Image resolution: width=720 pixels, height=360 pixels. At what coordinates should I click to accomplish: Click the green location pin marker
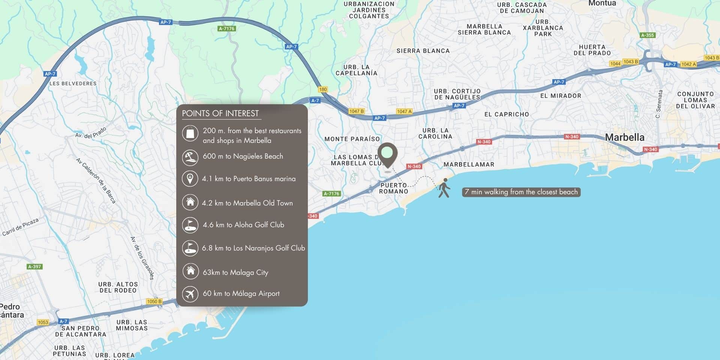pyautogui.click(x=387, y=154)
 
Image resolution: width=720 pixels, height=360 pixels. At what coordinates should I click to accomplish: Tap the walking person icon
pyautogui.click(x=444, y=188)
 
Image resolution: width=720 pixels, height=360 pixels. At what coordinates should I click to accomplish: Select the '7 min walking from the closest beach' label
pyautogui.click(x=521, y=192)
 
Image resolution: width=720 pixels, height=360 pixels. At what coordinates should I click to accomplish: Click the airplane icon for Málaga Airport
pyautogui.click(x=190, y=294)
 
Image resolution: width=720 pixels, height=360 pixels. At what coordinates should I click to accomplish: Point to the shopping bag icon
pyautogui.click(x=190, y=133)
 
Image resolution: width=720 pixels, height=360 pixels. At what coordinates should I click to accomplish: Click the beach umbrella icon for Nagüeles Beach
pyautogui.click(x=190, y=157)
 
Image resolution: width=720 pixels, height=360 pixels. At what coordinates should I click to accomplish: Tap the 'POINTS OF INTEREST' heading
pyautogui.click(x=220, y=113)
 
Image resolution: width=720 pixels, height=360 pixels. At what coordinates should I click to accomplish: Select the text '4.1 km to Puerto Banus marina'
pyautogui.click(x=249, y=179)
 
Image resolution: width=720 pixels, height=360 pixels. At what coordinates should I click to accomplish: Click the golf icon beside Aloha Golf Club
pyautogui.click(x=190, y=225)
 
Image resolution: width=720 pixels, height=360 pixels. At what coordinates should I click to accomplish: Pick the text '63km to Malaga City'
pyautogui.click(x=235, y=272)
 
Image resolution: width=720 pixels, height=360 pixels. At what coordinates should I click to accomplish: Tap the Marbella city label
pyautogui.click(x=624, y=137)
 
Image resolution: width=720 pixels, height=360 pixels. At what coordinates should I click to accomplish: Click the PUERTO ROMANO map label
pyautogui.click(x=393, y=188)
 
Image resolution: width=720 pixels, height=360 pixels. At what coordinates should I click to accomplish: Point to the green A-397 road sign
pyautogui.click(x=34, y=267)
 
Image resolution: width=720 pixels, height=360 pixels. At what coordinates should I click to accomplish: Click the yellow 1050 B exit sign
pyautogui.click(x=154, y=301)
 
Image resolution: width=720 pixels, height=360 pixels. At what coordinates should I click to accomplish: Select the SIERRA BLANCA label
pyautogui.click(x=423, y=51)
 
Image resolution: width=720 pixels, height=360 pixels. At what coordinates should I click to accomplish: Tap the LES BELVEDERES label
pyautogui.click(x=73, y=83)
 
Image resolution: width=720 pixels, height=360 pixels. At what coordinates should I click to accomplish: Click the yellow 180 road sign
pyautogui.click(x=322, y=89)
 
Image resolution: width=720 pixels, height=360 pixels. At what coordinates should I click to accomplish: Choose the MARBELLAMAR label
pyautogui.click(x=469, y=164)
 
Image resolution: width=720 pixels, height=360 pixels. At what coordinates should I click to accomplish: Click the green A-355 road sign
pyautogui.click(x=647, y=35)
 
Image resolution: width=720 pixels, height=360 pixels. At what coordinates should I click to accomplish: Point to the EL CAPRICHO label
pyautogui.click(x=506, y=114)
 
